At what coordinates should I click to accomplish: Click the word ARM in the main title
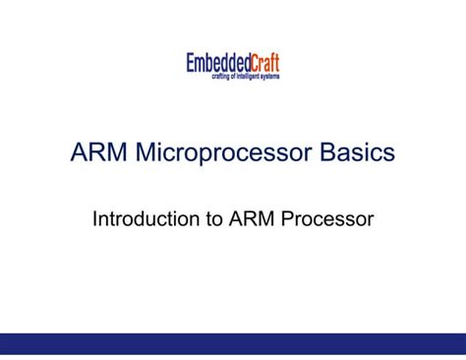click(99, 153)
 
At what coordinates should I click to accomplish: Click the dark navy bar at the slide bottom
click(233, 342)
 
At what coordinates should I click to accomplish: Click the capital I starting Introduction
click(95, 219)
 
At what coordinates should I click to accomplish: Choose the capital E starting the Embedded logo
click(191, 64)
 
